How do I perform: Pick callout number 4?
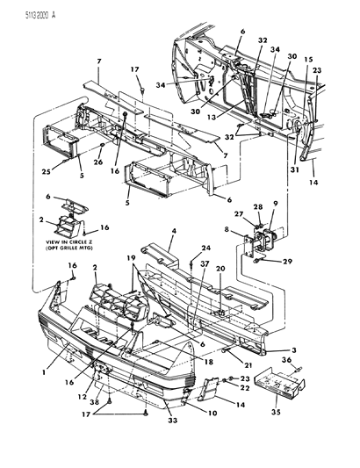click(173, 231)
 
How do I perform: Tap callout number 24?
click(207, 248)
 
